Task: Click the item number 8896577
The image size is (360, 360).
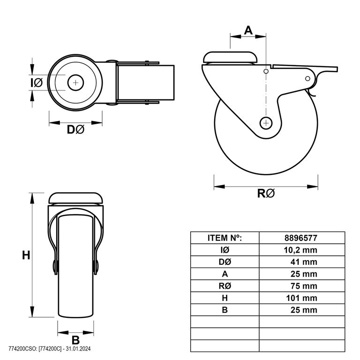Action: tap(301, 238)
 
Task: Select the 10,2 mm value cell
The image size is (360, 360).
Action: tap(300, 250)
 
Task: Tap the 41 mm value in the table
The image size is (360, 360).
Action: tap(304, 262)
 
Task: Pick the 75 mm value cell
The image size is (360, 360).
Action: tap(304, 286)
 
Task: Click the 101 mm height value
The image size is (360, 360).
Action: tap(302, 298)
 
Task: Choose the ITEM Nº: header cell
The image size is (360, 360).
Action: tap(225, 238)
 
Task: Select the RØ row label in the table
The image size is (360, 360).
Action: tap(225, 286)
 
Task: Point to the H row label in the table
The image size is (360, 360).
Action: tap(225, 298)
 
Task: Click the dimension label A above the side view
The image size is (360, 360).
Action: tap(248, 30)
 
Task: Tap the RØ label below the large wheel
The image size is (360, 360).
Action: tap(266, 193)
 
